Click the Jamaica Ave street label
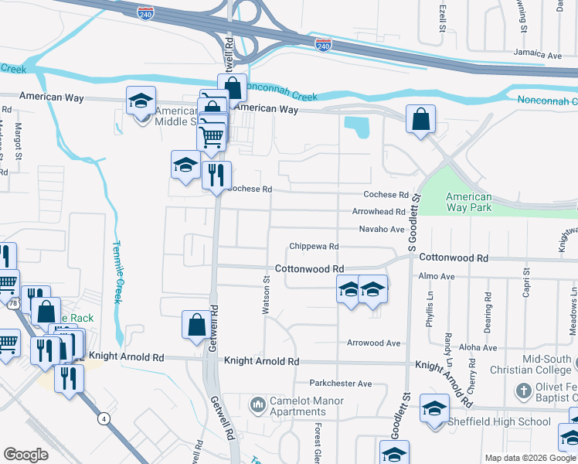539,56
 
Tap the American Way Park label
468,202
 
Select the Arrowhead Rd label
379,212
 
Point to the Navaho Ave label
382,230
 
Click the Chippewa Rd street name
314,247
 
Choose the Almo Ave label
436,276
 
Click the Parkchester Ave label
341,384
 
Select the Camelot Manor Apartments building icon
257,404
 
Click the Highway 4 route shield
102,418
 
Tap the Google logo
26,455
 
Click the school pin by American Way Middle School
141,101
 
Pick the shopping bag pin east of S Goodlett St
420,120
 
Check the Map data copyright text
529,458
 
